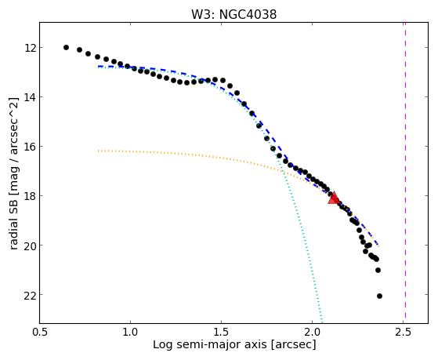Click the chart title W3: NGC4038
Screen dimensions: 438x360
[233, 14]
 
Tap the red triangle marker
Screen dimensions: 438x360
[334, 198]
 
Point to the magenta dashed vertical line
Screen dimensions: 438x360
[405, 173]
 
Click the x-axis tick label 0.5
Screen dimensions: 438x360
[40, 332]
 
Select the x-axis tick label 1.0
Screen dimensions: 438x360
[130, 332]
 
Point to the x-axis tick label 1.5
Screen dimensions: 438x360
[221, 332]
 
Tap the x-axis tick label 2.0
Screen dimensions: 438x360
[313, 332]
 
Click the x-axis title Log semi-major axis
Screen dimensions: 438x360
[210, 344]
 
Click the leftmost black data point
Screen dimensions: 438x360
[66, 47]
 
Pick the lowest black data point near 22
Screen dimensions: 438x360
[379, 296]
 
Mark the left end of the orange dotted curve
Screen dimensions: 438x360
[98, 151]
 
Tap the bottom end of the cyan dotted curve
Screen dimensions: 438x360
[322, 322]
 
